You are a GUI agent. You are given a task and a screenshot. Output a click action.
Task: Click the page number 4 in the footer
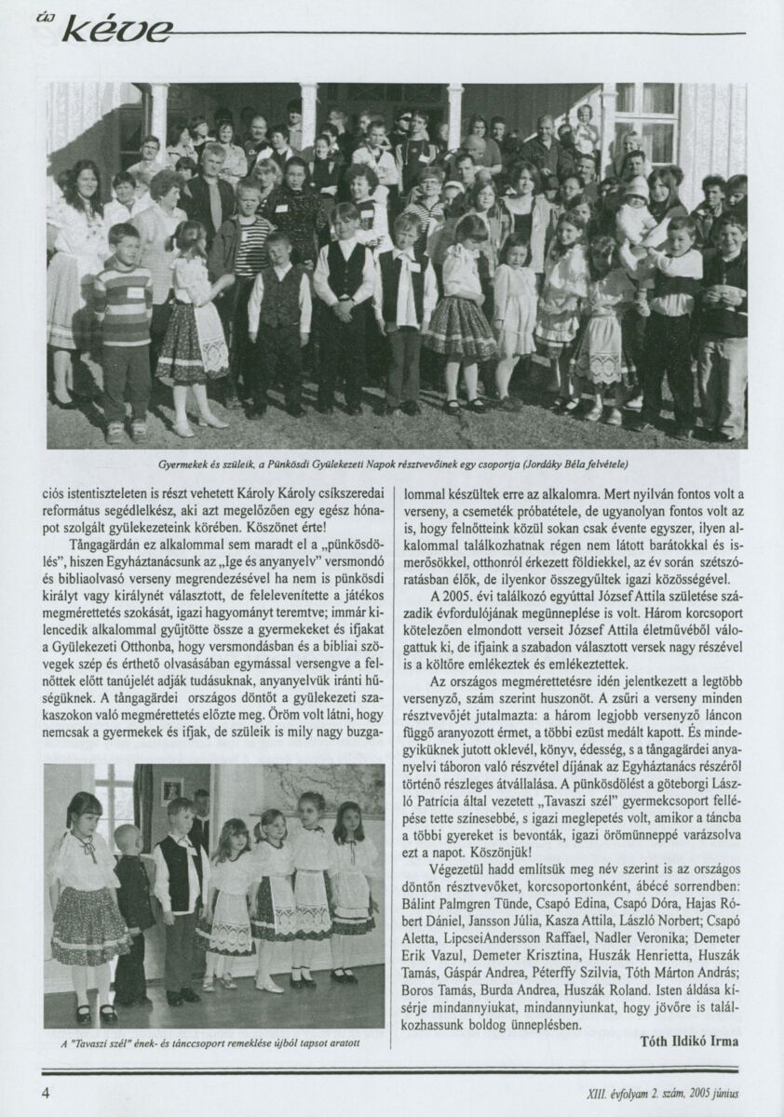pos(45,1092)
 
